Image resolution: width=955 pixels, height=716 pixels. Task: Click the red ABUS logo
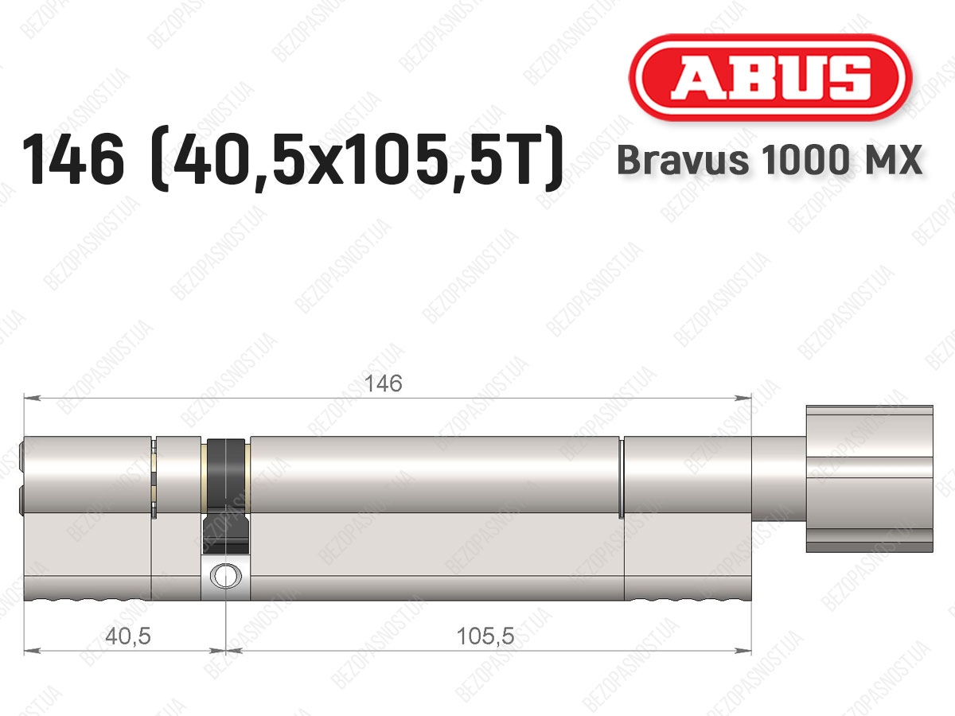[x=770, y=77]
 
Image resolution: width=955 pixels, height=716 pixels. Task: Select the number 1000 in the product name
[x=805, y=160]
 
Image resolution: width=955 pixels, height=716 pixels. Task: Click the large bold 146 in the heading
[x=73, y=160]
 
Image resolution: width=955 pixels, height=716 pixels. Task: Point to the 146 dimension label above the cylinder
[x=383, y=383]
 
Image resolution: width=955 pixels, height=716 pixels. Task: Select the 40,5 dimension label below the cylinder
[x=128, y=636]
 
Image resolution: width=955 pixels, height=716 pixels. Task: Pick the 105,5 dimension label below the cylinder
[x=485, y=636]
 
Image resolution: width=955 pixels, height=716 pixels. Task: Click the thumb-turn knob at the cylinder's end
[x=869, y=479]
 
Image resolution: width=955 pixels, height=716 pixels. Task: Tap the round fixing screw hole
[x=226, y=575]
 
